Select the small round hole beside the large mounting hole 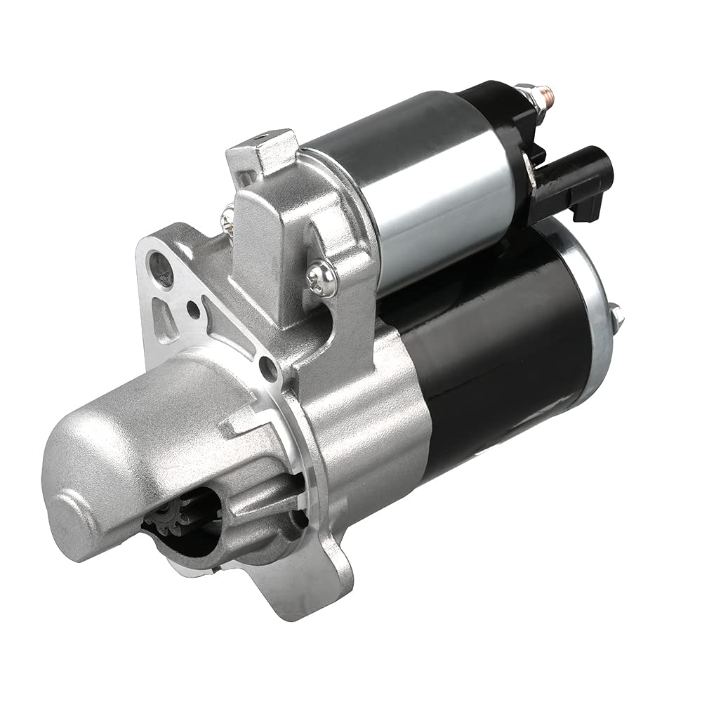point(192,307)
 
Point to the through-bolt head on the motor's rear point(616,316)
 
